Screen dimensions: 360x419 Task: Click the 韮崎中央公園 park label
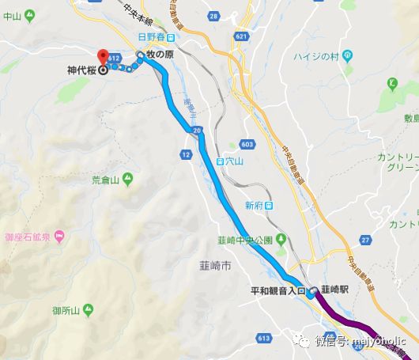[x=243, y=240]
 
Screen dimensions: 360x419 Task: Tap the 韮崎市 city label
[x=215, y=267]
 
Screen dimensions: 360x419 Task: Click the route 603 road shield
[x=248, y=144]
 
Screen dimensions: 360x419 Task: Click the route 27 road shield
[x=364, y=239]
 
